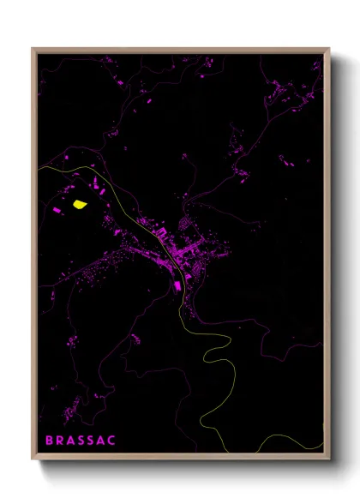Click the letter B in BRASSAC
point(48,441)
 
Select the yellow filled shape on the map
point(80,204)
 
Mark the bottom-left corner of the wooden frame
point(33,459)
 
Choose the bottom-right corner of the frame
point(329,459)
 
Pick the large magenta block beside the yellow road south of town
point(178,285)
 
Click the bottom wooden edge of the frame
point(181,459)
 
